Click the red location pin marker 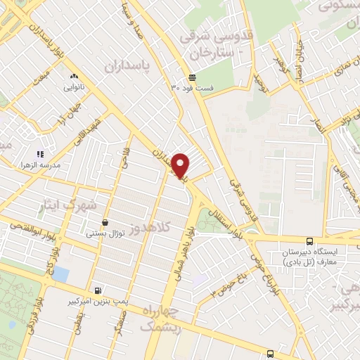point(181,166)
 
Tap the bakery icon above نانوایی point(73,77)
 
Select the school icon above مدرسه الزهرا point(40,154)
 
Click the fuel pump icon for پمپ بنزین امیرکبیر point(97,290)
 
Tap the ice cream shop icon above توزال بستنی point(105,222)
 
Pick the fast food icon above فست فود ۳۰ point(192,78)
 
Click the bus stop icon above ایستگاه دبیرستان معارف point(311,241)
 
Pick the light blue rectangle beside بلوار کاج point(60,274)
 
